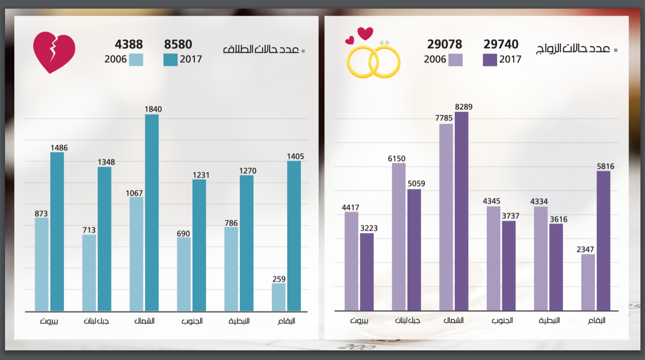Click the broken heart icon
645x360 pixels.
54,52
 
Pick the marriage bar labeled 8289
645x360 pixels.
461,211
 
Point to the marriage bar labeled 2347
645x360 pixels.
588,282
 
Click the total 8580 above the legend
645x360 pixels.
178,44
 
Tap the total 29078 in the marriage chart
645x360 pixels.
444,44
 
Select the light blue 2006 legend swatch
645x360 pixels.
136,59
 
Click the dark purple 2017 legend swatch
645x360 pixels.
490,59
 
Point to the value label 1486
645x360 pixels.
59,148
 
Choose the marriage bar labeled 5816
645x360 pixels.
603,241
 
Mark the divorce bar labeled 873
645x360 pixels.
42,264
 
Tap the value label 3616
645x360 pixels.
558,219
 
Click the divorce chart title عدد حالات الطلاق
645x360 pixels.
261,49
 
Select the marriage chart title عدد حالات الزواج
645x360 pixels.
573,49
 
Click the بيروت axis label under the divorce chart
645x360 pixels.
49,321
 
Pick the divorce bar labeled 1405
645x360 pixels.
294,236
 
